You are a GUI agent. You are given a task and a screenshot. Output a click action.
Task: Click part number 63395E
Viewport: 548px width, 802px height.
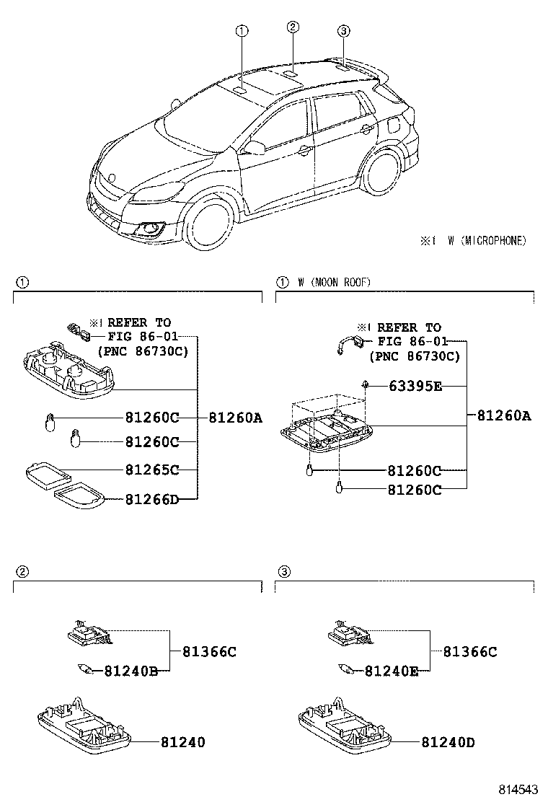click(415, 386)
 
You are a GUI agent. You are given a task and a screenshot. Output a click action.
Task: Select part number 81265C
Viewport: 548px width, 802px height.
click(152, 470)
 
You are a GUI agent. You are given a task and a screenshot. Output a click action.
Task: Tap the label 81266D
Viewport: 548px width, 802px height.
click(152, 498)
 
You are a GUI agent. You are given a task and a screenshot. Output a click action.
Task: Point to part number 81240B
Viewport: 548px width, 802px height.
click(131, 671)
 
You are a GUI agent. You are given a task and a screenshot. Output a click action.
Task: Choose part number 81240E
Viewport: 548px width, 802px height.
click(392, 671)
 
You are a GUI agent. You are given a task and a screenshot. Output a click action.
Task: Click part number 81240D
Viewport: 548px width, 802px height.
click(448, 741)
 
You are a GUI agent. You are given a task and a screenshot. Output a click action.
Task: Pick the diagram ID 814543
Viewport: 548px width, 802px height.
click(518, 790)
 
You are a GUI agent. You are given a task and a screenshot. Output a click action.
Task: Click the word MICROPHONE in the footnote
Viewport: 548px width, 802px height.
click(494, 240)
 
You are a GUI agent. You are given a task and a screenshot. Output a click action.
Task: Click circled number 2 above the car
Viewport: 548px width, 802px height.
click(293, 27)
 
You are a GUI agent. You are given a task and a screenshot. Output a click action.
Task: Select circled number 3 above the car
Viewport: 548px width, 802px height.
click(343, 31)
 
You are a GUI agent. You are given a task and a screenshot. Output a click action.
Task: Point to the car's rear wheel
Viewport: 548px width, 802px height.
click(381, 169)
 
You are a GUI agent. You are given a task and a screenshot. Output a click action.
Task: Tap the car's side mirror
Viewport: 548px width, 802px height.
click(254, 147)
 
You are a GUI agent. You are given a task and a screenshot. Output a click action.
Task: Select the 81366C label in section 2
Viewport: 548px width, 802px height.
click(210, 652)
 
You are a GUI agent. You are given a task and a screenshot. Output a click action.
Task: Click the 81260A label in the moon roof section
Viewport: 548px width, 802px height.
click(504, 415)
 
